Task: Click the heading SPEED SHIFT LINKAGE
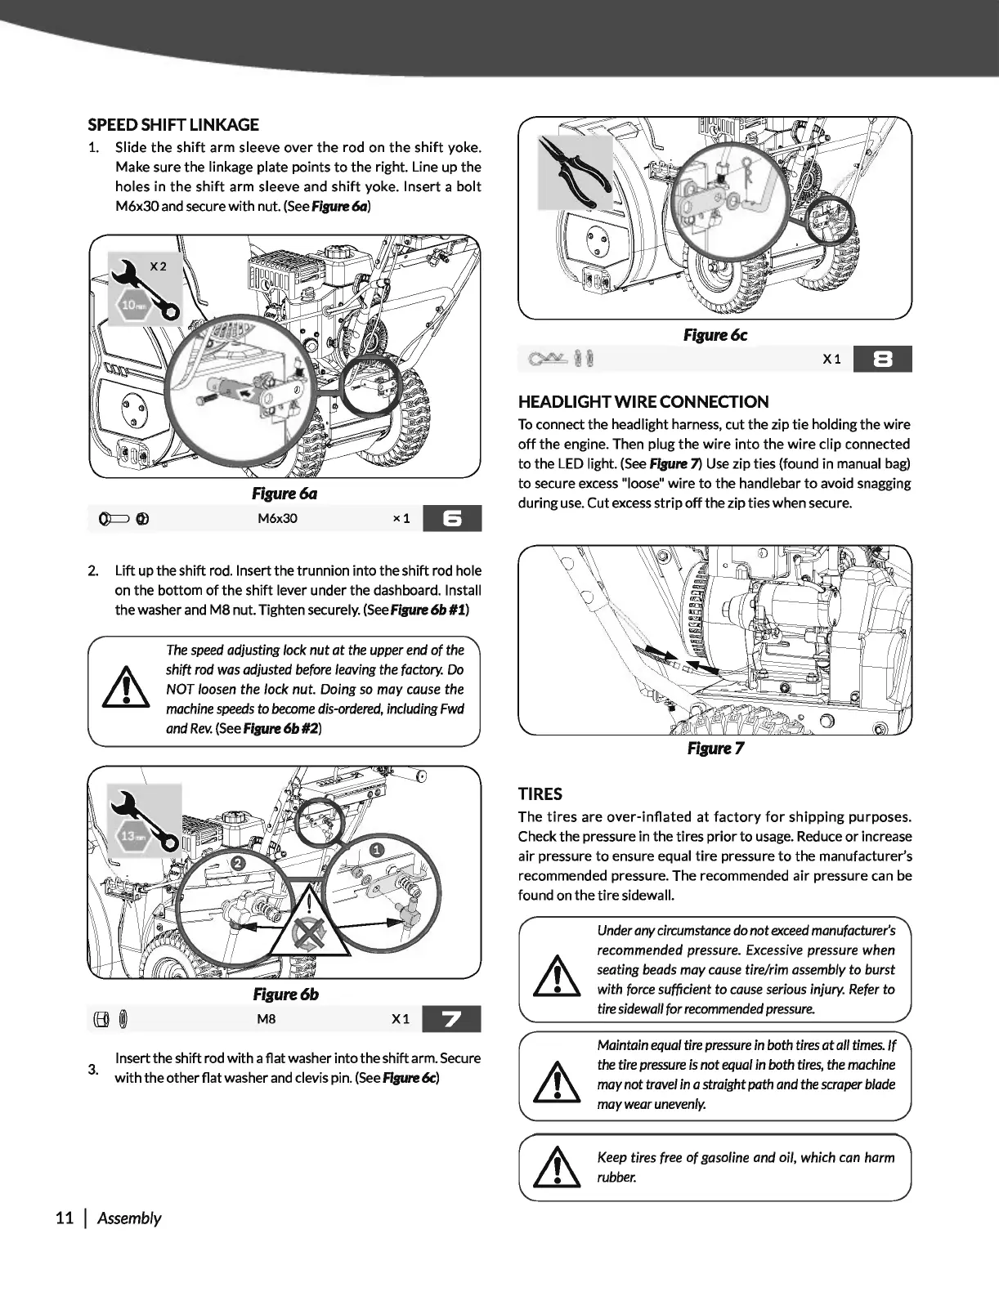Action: point(173,125)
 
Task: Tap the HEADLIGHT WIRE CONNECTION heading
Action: point(643,402)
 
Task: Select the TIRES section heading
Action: point(540,794)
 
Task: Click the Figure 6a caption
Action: point(284,494)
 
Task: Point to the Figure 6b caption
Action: point(285,995)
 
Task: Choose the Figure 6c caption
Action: point(715,335)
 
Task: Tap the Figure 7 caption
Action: point(715,749)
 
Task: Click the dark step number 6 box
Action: point(452,519)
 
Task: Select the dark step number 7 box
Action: point(452,1019)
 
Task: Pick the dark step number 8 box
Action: point(881,360)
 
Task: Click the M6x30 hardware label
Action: point(277,519)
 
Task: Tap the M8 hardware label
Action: point(267,1019)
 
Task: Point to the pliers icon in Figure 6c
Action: point(575,170)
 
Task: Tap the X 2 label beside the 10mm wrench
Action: point(158,266)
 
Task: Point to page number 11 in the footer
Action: point(65,1218)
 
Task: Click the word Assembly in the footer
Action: point(129,1218)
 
